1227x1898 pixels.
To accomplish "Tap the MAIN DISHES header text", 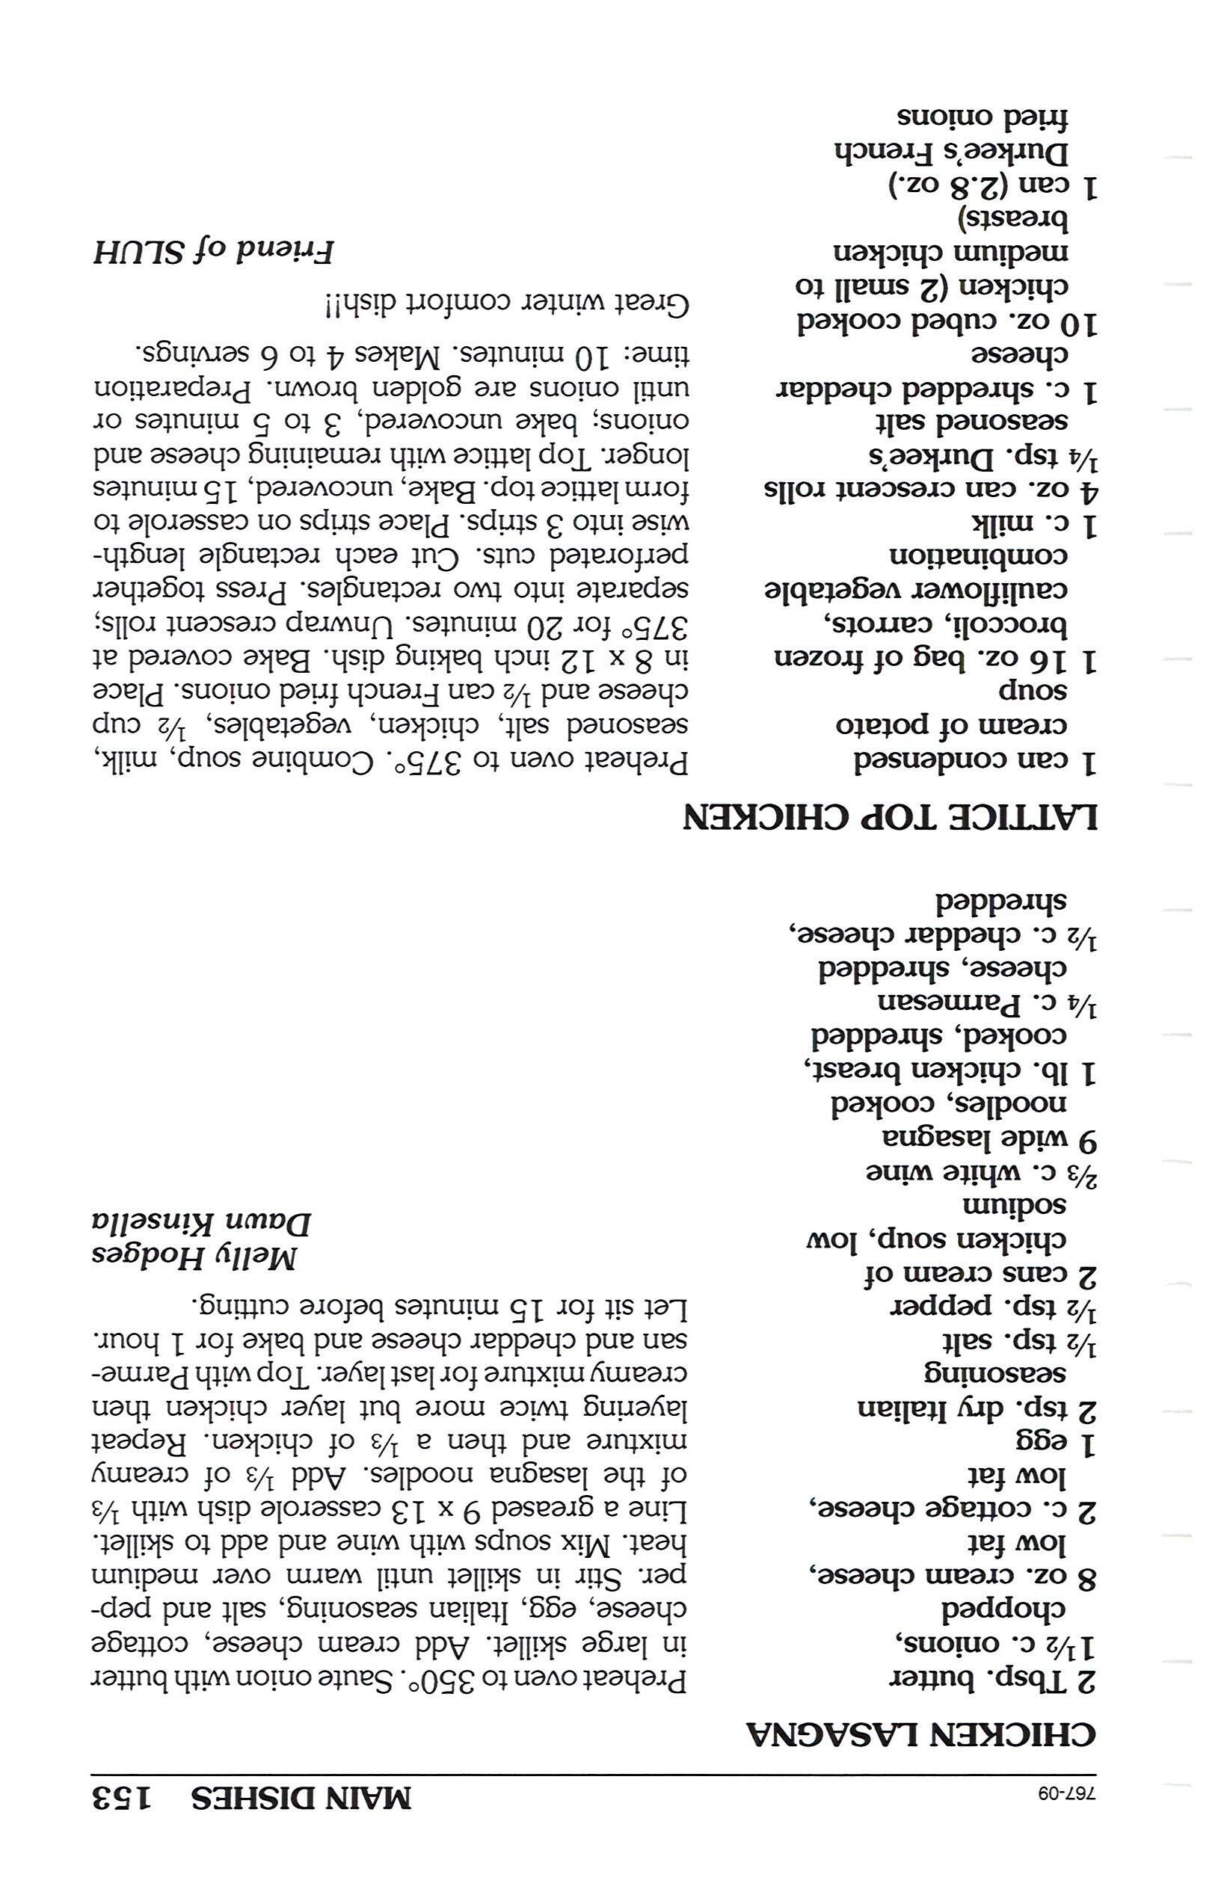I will [301, 1798].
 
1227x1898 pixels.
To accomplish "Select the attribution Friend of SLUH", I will [214, 252].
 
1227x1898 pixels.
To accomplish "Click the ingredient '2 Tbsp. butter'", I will [993, 1680].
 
